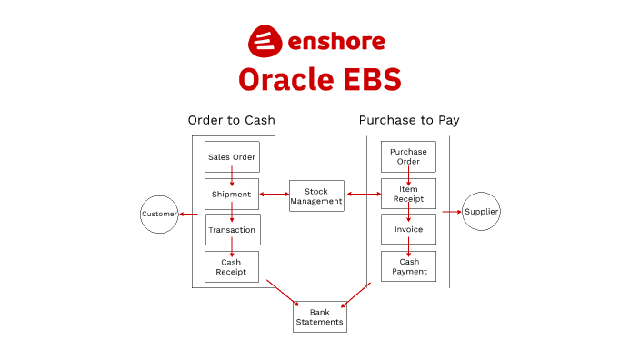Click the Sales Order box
tap(232, 156)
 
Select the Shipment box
tap(232, 194)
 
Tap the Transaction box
tap(232, 230)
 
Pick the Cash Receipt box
tap(232, 266)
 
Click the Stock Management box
tap(316, 196)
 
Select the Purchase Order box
tap(408, 156)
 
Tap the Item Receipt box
tap(408, 194)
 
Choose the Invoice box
tap(408, 230)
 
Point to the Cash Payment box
tap(408, 266)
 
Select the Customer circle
tap(158, 215)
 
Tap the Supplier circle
tap(482, 212)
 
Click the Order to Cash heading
tap(231, 120)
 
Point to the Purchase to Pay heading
tap(408, 120)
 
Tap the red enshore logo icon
tap(264, 41)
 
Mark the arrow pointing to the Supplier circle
tap(452, 212)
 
